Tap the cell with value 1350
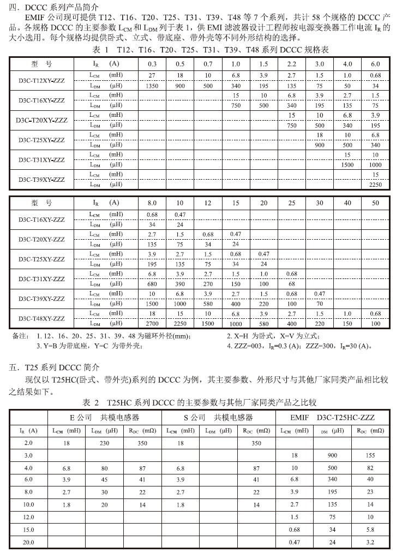click(153, 86)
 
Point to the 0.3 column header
click(153, 64)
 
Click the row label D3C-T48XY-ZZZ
click(41, 318)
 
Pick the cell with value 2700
click(153, 323)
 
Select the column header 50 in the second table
click(375, 203)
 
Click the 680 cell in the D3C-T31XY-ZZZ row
click(153, 284)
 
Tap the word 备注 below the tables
click(20, 336)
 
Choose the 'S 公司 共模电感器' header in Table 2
click(218, 418)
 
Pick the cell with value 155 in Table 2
click(371, 455)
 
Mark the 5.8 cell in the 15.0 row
click(371, 530)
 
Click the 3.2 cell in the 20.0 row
click(371, 543)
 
